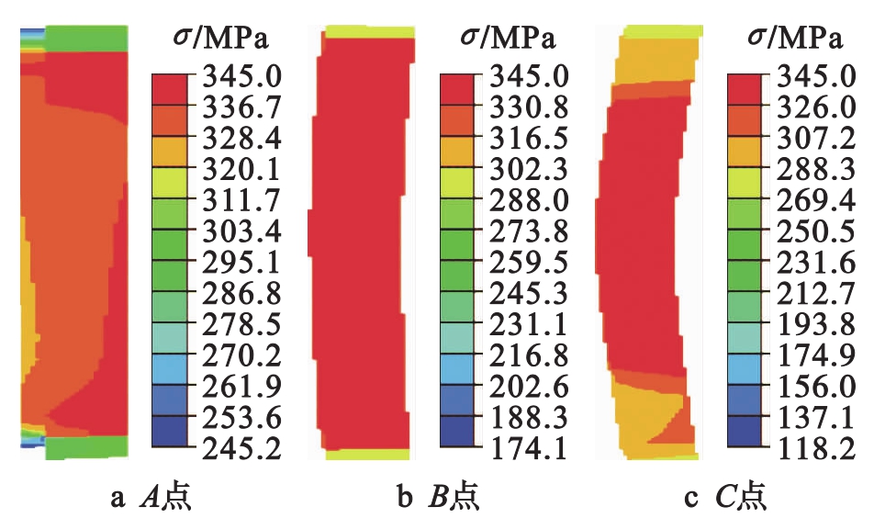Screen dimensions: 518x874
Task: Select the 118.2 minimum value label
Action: (812, 448)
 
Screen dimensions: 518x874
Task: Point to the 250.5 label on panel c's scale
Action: (812, 230)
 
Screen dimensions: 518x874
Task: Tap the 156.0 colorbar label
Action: (812, 386)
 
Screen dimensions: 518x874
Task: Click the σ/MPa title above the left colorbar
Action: (218, 38)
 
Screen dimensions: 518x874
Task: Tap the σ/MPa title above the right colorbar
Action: (794, 38)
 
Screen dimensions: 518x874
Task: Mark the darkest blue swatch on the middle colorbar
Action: (457, 432)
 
